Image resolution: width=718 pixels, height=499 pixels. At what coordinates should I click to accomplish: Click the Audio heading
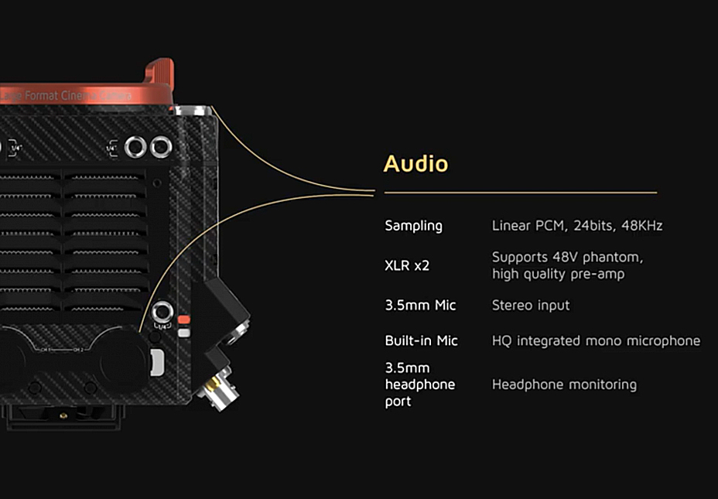pos(415,164)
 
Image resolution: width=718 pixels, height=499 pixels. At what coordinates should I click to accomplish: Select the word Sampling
pos(413,226)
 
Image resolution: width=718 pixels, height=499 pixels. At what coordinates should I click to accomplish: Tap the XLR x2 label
pos(406,265)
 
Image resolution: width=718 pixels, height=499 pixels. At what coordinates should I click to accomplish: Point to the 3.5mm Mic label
pos(420,306)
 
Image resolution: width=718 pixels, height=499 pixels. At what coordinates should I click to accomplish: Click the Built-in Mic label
pos(421,341)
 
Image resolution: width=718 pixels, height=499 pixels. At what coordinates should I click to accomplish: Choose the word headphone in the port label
pos(420,385)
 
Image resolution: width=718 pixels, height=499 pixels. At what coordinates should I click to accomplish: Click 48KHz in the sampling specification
pos(641,226)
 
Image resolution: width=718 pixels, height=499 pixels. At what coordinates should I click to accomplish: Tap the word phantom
pos(615,257)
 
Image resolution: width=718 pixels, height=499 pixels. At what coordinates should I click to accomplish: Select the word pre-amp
pos(597,274)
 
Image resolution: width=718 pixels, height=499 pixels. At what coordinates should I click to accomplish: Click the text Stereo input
pos(531,306)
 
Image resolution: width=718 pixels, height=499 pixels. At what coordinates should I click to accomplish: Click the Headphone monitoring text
pos(564,385)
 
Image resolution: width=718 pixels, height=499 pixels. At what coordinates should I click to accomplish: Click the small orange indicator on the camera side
pos(183,320)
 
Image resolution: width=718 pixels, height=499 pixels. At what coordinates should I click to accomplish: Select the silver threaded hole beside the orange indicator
pos(162,313)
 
